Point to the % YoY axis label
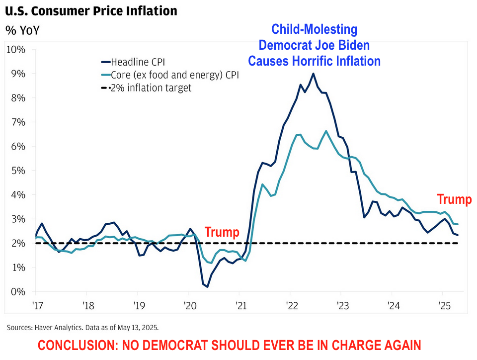22,30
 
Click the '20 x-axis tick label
188,304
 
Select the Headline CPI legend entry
138,62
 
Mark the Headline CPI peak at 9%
313,74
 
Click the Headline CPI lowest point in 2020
207,286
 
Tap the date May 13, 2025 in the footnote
139,328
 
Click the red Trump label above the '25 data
454,200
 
